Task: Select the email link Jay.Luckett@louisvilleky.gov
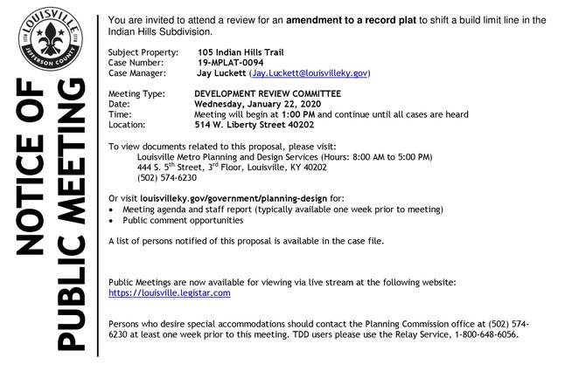[x=310, y=74]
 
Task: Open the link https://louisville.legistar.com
[x=169, y=293]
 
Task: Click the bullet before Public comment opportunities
[x=111, y=221]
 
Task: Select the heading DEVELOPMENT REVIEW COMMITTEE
[x=268, y=93]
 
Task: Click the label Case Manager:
[x=139, y=74]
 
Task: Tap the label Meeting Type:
[x=137, y=93]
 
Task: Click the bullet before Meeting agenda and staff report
[x=111, y=210]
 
